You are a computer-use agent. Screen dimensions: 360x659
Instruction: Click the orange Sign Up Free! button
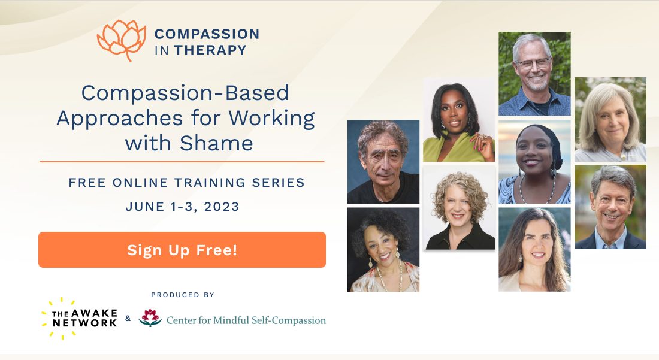click(x=182, y=250)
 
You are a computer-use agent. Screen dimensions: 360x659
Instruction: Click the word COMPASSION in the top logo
click(x=207, y=34)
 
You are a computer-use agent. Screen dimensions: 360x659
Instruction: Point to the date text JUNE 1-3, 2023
click(x=182, y=207)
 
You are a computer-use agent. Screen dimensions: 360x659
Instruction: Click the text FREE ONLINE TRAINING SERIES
click(x=186, y=183)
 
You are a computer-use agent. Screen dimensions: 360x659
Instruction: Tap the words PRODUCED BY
click(x=183, y=295)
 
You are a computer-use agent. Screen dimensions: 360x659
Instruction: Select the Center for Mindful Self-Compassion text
click(x=246, y=320)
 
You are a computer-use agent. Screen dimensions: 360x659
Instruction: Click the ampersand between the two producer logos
click(x=128, y=319)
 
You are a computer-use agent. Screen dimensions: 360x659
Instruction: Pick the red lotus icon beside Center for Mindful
click(x=150, y=317)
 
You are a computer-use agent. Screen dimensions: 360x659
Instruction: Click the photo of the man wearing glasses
click(x=534, y=74)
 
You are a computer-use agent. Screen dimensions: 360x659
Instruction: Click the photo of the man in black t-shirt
click(x=383, y=162)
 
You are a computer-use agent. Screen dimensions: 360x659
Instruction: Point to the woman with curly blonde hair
click(x=459, y=207)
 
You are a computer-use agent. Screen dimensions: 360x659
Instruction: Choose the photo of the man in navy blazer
click(x=610, y=207)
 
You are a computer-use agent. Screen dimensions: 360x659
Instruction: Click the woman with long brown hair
click(x=534, y=249)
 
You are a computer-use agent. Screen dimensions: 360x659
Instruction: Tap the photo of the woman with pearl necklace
click(x=383, y=250)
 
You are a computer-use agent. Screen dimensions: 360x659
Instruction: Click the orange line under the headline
click(x=182, y=162)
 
